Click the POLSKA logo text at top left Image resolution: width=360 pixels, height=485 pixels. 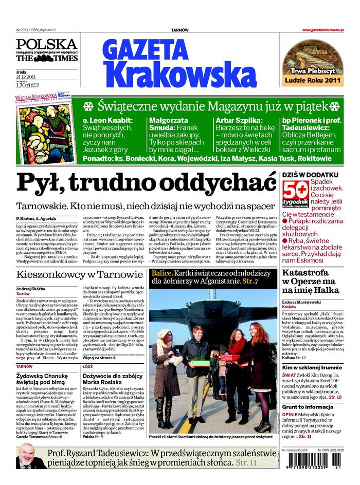tap(46, 44)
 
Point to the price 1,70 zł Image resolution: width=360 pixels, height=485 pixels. tap(23, 85)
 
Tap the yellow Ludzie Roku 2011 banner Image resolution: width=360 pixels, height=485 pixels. tap(313, 80)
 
